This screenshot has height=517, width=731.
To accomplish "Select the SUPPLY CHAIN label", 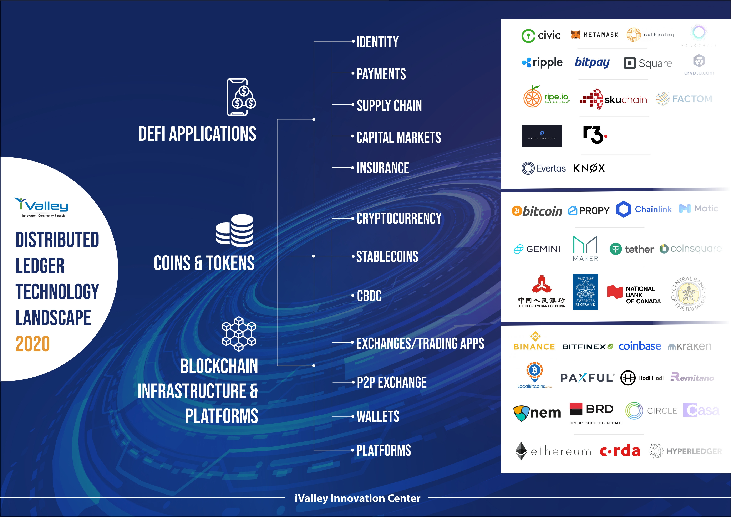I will tap(389, 105).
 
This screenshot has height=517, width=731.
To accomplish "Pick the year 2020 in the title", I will tap(33, 344).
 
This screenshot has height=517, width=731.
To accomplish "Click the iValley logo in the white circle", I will tap(41, 206).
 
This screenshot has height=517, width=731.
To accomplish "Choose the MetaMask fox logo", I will tap(576, 34).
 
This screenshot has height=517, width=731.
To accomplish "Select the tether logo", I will tap(632, 249).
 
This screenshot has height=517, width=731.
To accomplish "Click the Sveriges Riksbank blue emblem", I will tap(585, 292).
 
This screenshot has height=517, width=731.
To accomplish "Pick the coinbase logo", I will tap(640, 346).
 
